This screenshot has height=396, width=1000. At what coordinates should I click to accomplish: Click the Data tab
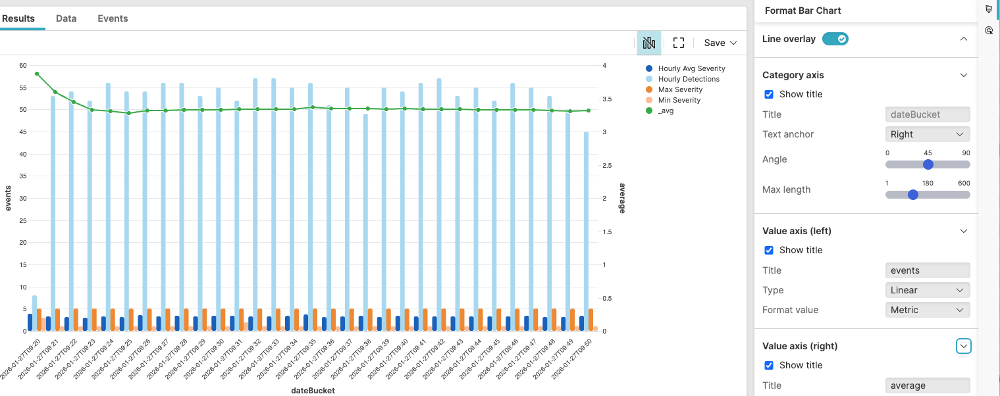pos(66,18)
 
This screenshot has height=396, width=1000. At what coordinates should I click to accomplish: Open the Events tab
pos(113,18)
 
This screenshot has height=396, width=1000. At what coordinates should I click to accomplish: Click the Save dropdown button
pos(720,43)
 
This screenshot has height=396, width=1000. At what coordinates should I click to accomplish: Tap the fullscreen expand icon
pos(679,43)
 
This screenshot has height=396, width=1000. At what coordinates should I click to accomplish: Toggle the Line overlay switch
pos(835,39)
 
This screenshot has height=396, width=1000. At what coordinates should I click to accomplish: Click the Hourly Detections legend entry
pos(689,79)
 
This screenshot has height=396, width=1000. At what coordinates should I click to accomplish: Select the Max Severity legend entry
pos(680,89)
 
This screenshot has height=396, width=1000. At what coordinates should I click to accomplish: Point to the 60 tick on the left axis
pos(23,66)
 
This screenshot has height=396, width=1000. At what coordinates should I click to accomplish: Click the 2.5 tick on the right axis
pos(608,165)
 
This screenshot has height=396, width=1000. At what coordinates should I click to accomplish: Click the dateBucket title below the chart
pos(313,390)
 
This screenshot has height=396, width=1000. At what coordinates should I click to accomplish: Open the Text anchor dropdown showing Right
pos(928,134)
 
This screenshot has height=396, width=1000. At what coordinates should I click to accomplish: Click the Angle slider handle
pos(928,164)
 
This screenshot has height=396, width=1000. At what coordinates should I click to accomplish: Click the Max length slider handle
pos(912,195)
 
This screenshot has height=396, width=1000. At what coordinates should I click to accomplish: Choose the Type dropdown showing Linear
pos(928,290)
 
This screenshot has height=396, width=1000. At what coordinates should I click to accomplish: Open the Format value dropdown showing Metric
pos(928,310)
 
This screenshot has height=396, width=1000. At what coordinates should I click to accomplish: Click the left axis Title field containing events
pos(928,270)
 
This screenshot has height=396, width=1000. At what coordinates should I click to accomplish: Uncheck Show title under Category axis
pos(768,94)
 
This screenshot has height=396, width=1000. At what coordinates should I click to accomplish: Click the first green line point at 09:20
pos(37,74)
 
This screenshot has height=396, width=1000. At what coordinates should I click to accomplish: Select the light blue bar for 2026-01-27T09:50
pos(586,230)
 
